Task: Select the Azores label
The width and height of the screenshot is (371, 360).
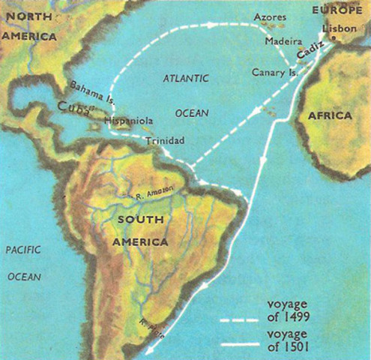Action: pyautogui.click(x=270, y=16)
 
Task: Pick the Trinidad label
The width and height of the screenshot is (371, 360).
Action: pyautogui.click(x=164, y=139)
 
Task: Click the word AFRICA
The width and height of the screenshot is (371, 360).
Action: pyautogui.click(x=330, y=116)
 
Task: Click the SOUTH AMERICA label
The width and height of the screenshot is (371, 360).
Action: pyautogui.click(x=139, y=231)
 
